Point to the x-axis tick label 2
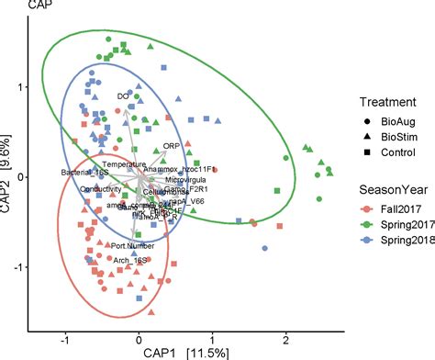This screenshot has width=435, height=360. click(286, 337)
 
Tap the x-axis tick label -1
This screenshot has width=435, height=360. click(64, 337)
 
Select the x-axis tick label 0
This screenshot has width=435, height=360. click(139, 337)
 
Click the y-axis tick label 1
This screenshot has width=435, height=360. click(18, 86)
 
